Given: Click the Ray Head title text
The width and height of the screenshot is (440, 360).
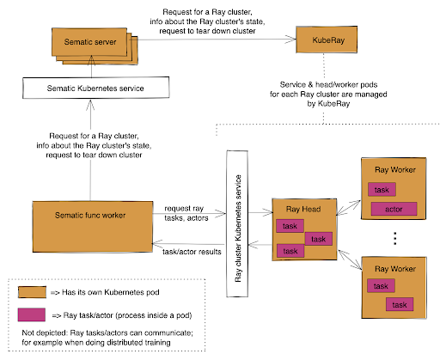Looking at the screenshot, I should [x=293, y=209].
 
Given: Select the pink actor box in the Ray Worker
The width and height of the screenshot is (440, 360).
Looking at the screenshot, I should [x=394, y=208].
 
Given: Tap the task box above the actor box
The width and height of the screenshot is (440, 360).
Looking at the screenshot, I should [x=382, y=190].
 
